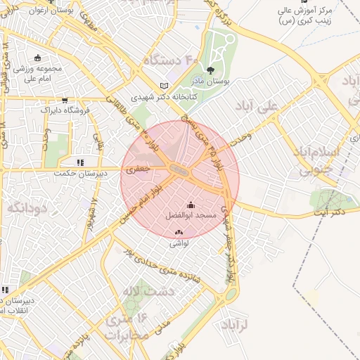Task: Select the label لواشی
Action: coord(179,243)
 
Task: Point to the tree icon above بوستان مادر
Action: coord(210,69)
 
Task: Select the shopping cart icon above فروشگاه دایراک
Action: coord(65,100)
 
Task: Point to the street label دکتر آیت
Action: coord(330,211)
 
